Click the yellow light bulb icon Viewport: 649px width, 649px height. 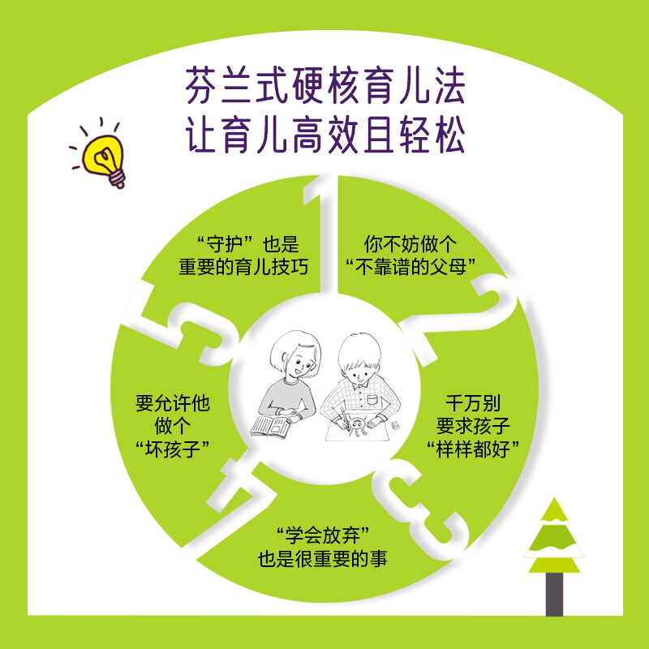(102, 156)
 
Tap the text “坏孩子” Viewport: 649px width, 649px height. (170, 448)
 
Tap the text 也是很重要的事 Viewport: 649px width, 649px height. (324, 559)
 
